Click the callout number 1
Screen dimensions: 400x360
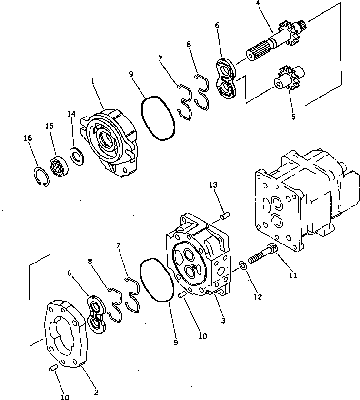point(93,81)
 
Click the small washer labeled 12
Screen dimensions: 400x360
point(243,264)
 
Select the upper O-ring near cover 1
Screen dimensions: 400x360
point(158,117)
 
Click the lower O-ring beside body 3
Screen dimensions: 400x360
point(156,280)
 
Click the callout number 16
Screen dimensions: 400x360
point(28,138)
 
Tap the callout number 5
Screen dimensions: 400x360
point(293,117)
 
